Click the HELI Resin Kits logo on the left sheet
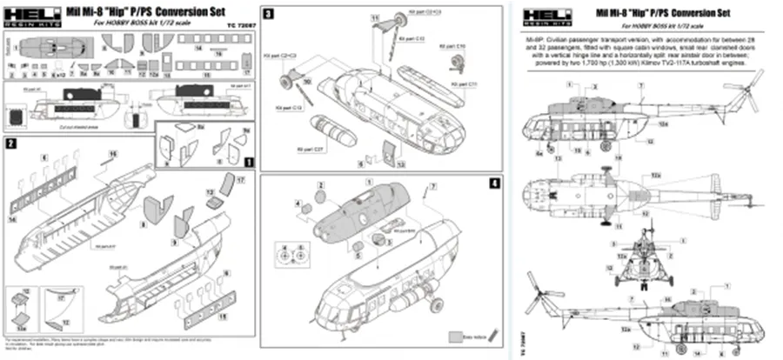tap(29, 16)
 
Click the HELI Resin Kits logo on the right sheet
tap(546, 16)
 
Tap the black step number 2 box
tap(10, 141)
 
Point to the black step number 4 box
tap(494, 183)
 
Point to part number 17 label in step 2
tap(240, 178)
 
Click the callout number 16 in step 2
tap(112, 153)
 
